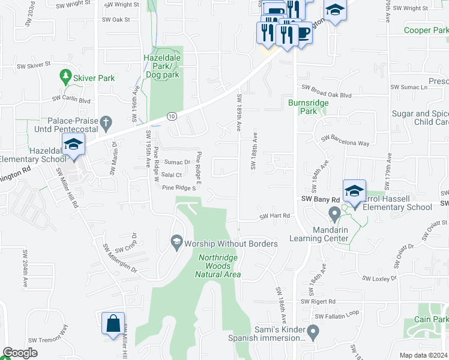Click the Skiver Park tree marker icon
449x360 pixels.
tap(65, 77)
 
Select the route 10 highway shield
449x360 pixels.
tap(172, 116)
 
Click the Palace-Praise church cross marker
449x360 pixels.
tap(106, 124)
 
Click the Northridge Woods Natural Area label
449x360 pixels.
tap(219, 266)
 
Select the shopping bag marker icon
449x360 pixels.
tap(113, 324)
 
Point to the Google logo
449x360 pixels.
tap(20, 353)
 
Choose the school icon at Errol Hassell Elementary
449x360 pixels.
tap(354, 191)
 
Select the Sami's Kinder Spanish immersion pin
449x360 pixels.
tap(313, 331)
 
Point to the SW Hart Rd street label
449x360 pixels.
tap(275, 216)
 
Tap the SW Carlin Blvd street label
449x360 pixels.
tap(71, 99)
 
